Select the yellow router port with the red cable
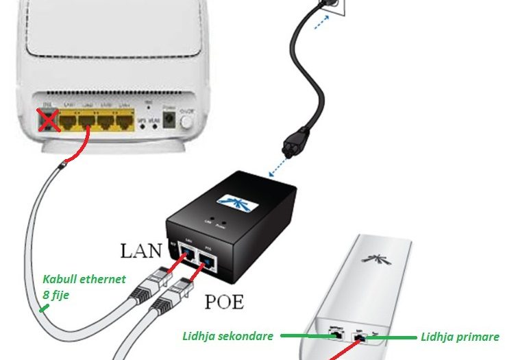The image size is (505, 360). tap(87, 123)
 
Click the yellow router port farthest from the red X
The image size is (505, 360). tap(124, 123)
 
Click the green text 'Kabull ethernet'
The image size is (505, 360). tap(84, 280)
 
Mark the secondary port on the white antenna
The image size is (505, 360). tap(335, 335)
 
